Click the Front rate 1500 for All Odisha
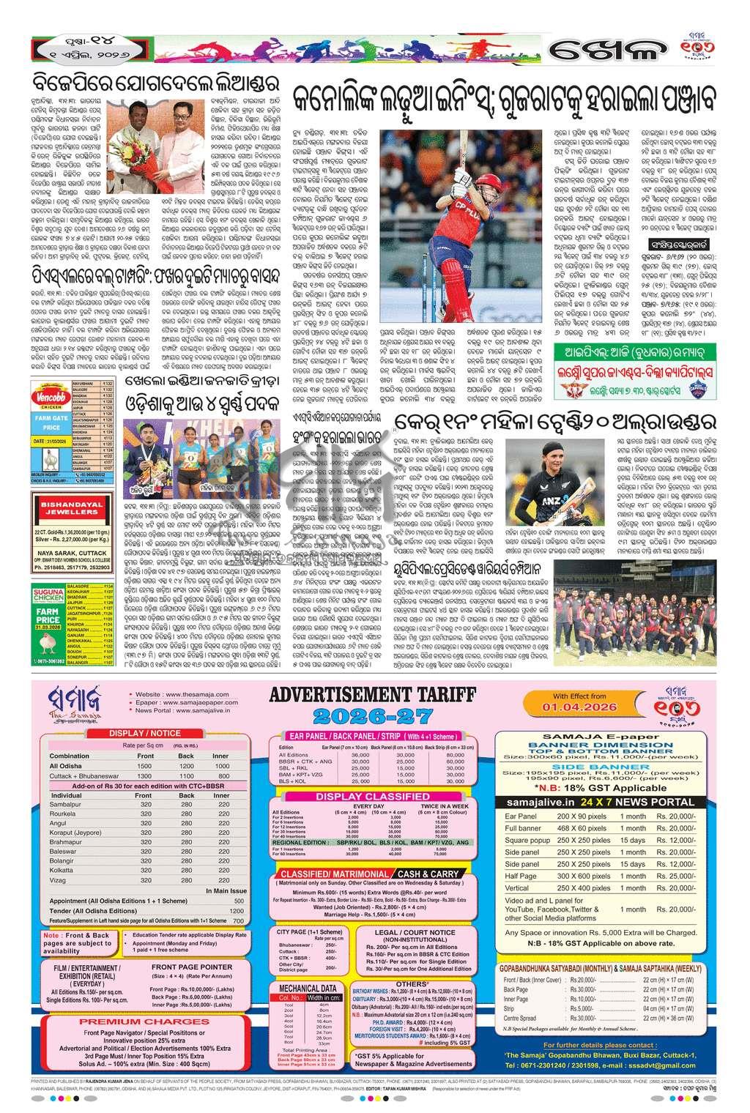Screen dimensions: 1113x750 point(145,765)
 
